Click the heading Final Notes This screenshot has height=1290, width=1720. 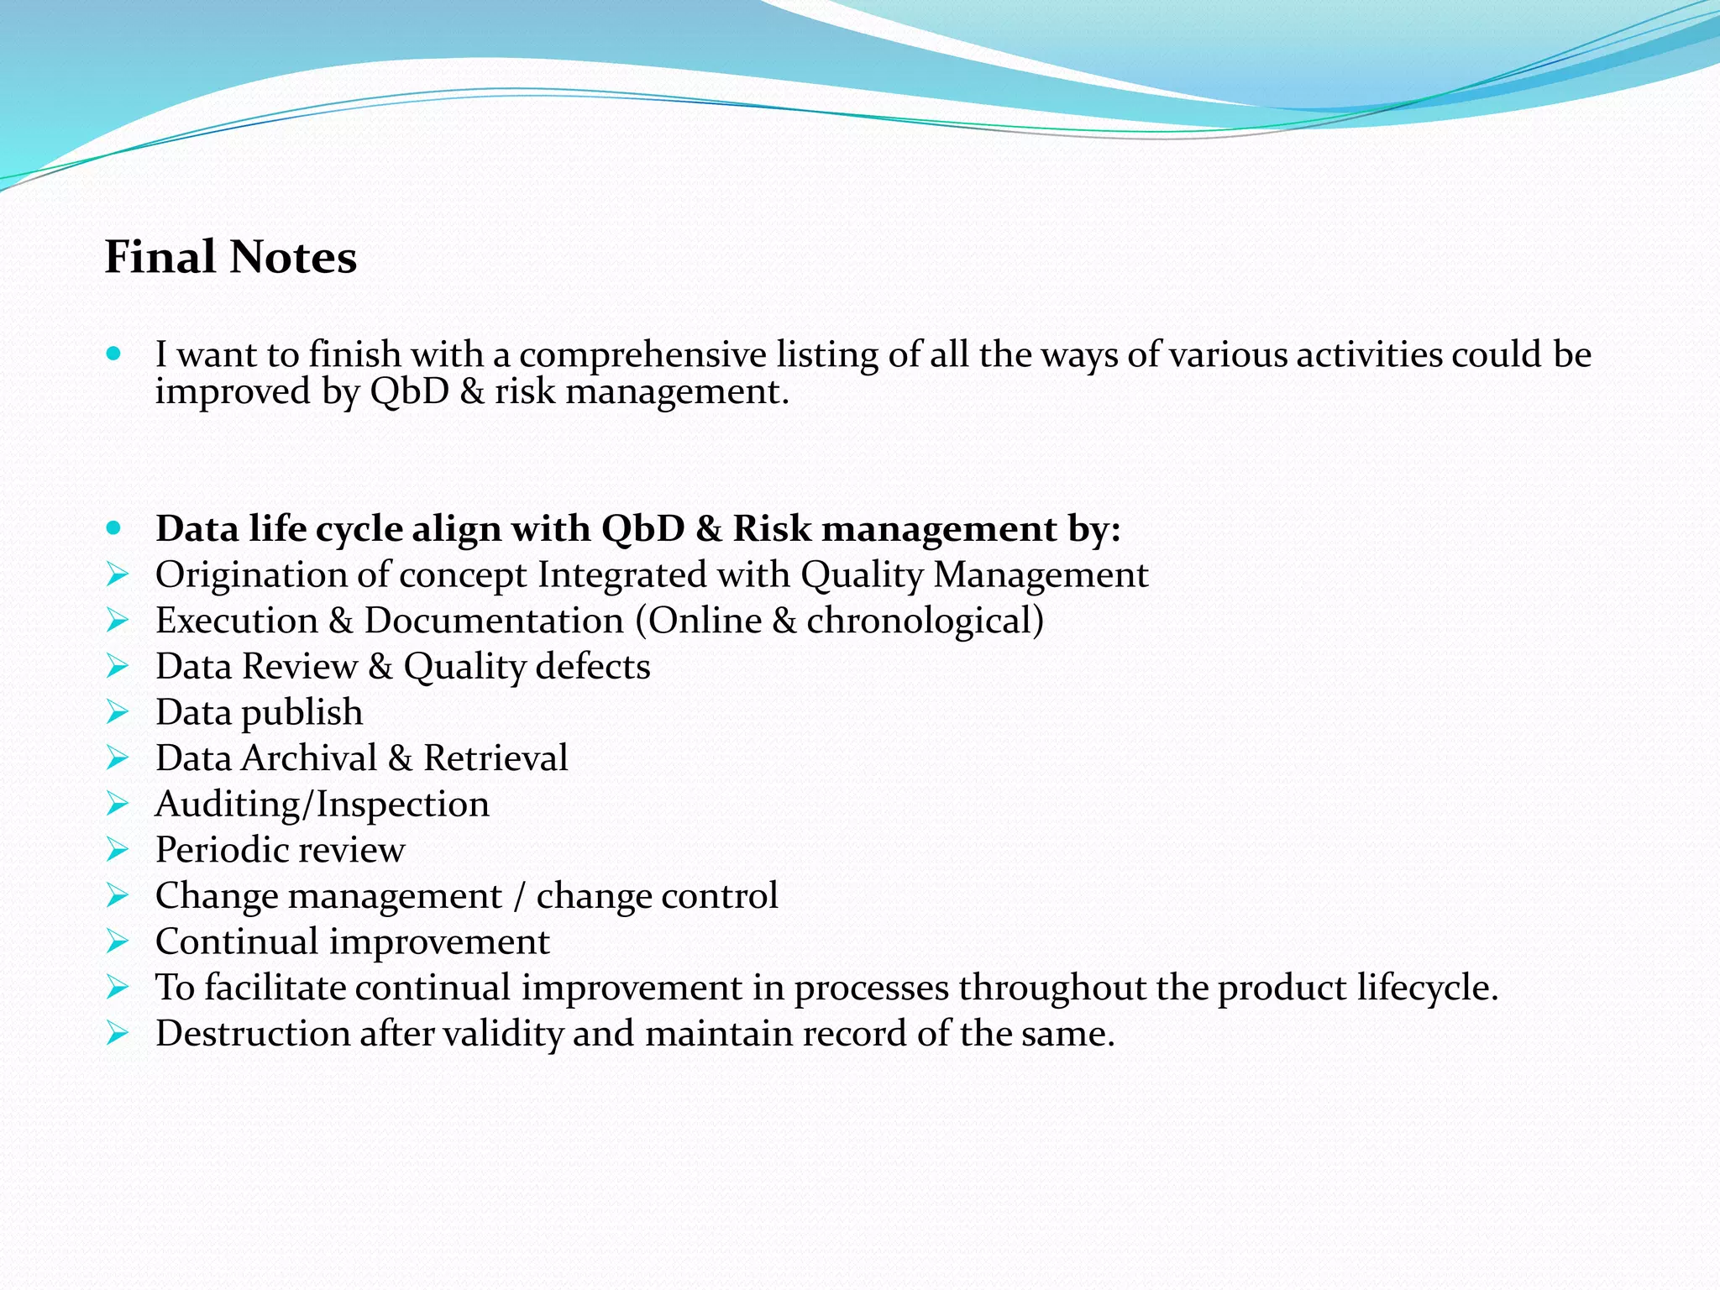point(231,257)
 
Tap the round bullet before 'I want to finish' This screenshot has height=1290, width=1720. point(115,354)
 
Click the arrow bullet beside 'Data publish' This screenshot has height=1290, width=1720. point(118,712)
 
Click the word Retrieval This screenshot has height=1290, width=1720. point(496,758)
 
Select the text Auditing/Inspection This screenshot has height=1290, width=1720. point(322,805)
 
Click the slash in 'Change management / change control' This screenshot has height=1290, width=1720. point(519,896)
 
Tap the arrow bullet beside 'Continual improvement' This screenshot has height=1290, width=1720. point(118,941)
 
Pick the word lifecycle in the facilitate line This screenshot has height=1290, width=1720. point(1428,988)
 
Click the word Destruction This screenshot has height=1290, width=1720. point(252,1034)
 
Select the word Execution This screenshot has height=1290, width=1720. point(237,621)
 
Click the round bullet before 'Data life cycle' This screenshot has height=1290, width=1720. point(115,528)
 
